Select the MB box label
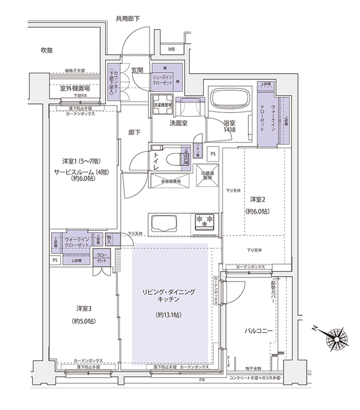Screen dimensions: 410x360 click(171, 49)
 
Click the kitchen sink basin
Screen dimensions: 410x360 click(164, 223)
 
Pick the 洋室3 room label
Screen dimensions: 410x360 click(84, 309)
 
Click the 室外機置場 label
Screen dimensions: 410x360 click(75, 88)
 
